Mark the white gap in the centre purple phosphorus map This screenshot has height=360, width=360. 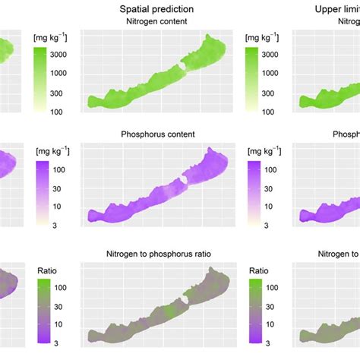[182, 179]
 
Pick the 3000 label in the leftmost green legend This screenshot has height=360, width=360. [62, 55]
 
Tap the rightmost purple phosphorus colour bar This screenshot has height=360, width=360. [253, 193]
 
